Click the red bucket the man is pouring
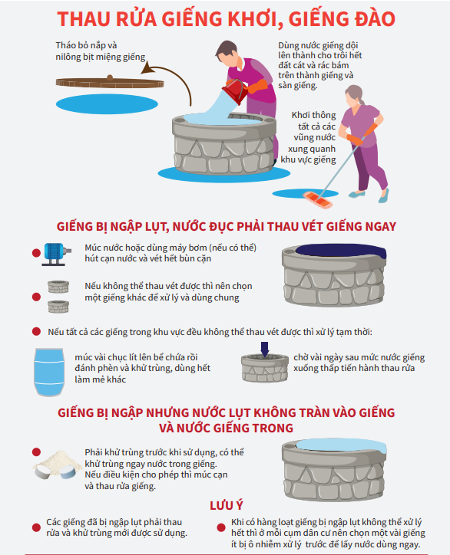click(x=236, y=90)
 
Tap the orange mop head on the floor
click(x=318, y=200)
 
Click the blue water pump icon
click(x=57, y=255)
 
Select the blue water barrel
click(x=49, y=372)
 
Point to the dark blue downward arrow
click(x=264, y=349)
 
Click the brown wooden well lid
click(x=110, y=83)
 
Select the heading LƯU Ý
click(x=227, y=505)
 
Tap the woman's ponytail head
click(x=354, y=97)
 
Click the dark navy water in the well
click(x=341, y=251)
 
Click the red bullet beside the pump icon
click(x=36, y=253)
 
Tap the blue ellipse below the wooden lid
click(x=107, y=104)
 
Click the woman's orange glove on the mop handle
click(x=371, y=130)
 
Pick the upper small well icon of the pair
click(x=58, y=287)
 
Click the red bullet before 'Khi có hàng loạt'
click(x=221, y=527)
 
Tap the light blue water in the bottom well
click(x=341, y=445)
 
